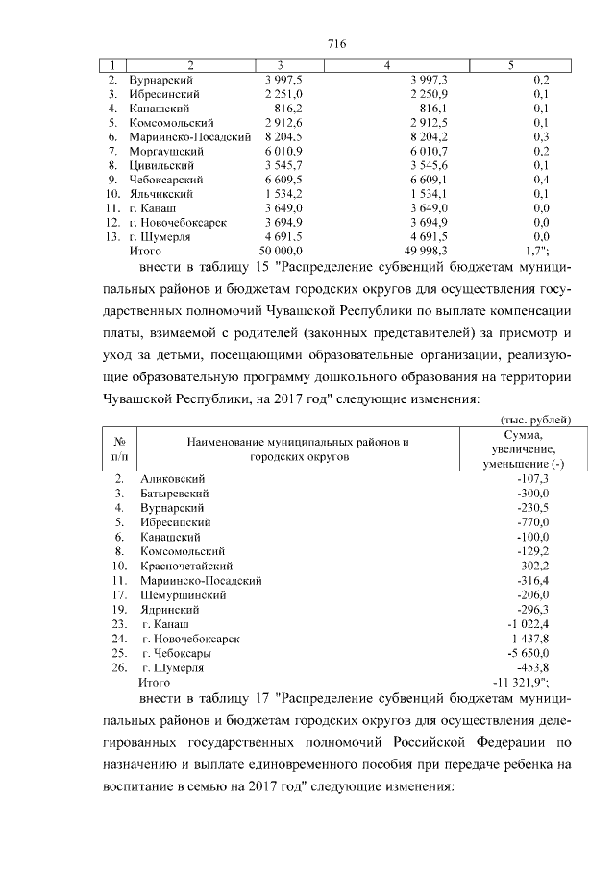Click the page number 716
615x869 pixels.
pyautogui.click(x=335, y=43)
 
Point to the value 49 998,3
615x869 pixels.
pyautogui.click(x=415, y=250)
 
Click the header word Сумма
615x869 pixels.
pyautogui.click(x=525, y=435)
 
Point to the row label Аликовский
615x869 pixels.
pyautogui.click(x=173, y=478)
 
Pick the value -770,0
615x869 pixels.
pyautogui.click(x=530, y=522)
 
